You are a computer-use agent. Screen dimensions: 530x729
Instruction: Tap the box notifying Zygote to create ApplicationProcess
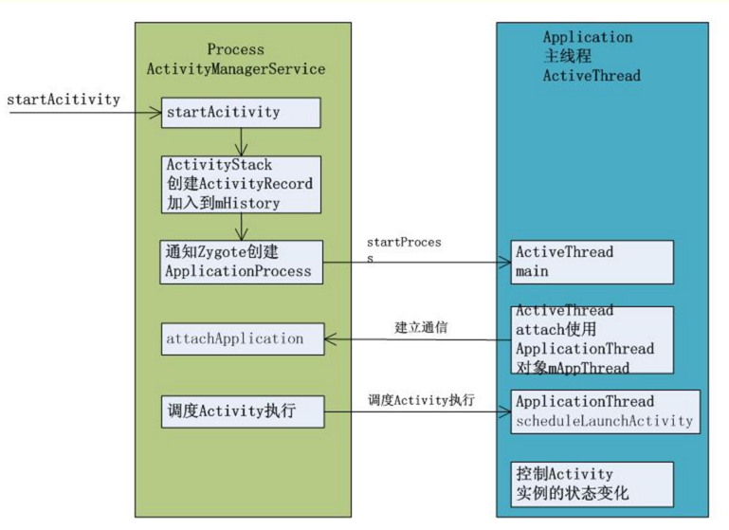coord(241,261)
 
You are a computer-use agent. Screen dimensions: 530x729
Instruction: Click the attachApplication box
coord(241,338)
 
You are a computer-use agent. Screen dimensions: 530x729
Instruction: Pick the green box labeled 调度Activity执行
coord(241,413)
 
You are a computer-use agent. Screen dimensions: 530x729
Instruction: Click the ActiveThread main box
coord(592,262)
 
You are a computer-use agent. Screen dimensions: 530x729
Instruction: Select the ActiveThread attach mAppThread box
coord(592,339)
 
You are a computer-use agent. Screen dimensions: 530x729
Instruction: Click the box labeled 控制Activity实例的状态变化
coord(592,484)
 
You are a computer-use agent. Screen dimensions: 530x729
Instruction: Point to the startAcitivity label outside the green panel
coord(64,99)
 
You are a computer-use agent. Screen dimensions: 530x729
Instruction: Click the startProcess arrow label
coord(404,249)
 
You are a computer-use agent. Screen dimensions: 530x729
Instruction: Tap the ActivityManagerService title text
coord(236,69)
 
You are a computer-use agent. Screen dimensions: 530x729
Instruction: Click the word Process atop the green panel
coord(236,49)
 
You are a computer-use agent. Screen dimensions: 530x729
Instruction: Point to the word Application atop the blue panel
coord(587,38)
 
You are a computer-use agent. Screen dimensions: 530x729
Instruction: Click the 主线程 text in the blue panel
coord(567,57)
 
